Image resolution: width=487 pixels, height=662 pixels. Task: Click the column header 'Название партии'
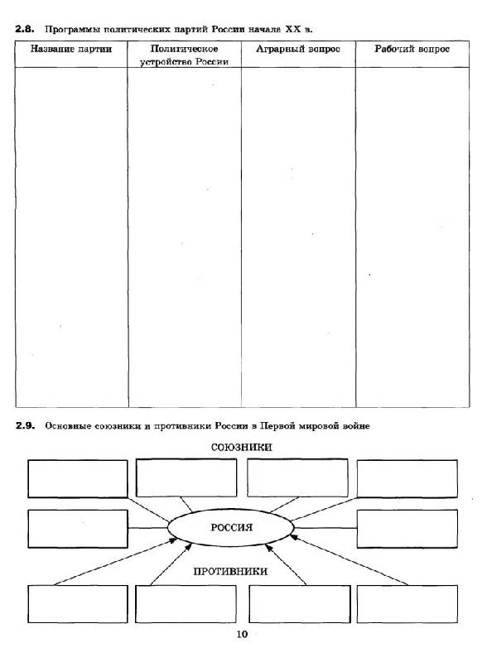pyautogui.click(x=71, y=49)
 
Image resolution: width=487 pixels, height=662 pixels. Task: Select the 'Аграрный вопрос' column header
pyautogui.click(x=298, y=49)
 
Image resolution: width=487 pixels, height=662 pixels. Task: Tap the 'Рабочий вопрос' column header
pyautogui.click(x=412, y=49)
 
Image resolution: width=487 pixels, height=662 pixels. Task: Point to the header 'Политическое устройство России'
pyautogui.click(x=185, y=55)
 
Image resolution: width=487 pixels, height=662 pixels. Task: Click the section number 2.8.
pyautogui.click(x=24, y=29)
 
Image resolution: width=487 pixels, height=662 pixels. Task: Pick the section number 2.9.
pyautogui.click(x=25, y=425)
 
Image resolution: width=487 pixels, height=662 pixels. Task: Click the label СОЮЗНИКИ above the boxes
pyautogui.click(x=241, y=447)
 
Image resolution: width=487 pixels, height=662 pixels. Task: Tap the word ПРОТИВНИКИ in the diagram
pyautogui.click(x=230, y=571)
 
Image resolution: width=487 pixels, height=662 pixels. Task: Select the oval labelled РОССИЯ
pyautogui.click(x=231, y=527)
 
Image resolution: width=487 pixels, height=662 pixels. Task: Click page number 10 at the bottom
pyautogui.click(x=242, y=634)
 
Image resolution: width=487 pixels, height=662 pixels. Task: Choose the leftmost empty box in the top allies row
pyautogui.click(x=78, y=479)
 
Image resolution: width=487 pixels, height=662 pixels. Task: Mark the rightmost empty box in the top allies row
pyautogui.click(x=407, y=479)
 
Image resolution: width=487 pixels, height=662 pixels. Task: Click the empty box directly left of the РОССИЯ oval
pyautogui.click(x=78, y=529)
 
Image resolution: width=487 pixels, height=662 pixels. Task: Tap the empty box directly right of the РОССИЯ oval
pyautogui.click(x=407, y=529)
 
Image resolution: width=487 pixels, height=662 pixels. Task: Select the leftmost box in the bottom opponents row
pyautogui.click(x=78, y=604)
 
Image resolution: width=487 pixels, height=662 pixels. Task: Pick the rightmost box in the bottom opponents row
pyautogui.click(x=407, y=604)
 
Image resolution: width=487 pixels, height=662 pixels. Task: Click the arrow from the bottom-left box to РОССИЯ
pyautogui.click(x=116, y=562)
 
